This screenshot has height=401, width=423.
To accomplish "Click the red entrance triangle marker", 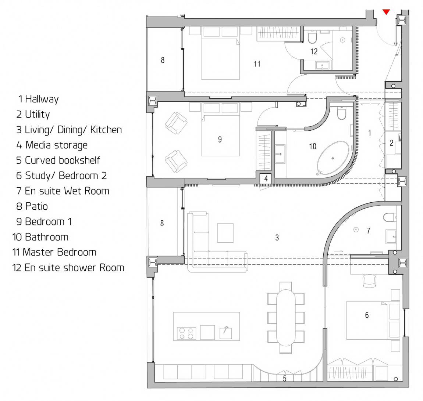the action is coord(386,12).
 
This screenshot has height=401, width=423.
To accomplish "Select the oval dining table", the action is coord(286,318).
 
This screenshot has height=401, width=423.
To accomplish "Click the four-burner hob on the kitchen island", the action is coord(186,333).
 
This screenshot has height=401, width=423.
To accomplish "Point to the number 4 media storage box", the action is coord(266,178).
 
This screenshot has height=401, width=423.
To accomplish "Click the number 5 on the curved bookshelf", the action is coord(285,378).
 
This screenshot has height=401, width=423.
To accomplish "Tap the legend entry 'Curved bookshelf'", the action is coord(62,160).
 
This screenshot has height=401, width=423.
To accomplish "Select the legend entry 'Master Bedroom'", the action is coord(59,252).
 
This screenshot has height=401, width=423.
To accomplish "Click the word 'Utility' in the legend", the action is coord(37,115).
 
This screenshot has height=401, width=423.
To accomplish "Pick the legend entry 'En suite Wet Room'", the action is coord(67,191).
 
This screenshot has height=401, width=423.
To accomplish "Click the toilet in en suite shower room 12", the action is coord(312,38).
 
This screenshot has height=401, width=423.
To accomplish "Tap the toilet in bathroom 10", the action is coord(341,113).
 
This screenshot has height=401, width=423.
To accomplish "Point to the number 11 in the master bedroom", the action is coord(257,64).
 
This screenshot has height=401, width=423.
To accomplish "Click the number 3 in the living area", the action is coord(277,238).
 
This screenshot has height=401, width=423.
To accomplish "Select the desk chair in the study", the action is coord(369,281).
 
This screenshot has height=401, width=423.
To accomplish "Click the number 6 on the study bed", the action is coord(367,315).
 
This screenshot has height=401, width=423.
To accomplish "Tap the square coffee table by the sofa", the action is coord(225,233).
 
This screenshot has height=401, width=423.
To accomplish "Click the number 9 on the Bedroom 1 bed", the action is coord(220,140).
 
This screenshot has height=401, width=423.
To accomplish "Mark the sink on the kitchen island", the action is coord(225,333).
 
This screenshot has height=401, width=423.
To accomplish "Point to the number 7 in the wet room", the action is coord(369,231).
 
